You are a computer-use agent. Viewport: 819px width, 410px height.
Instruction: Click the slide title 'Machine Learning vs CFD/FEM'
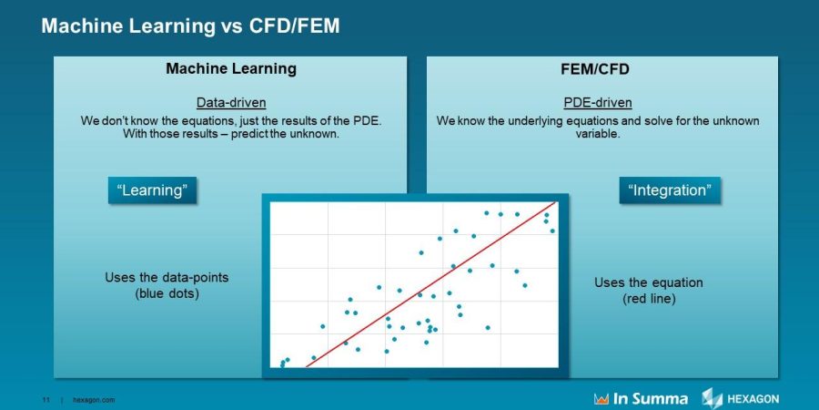(190, 26)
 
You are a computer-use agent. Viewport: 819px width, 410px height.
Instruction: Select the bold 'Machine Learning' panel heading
(230, 69)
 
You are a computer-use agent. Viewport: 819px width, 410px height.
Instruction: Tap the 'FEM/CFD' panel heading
(596, 69)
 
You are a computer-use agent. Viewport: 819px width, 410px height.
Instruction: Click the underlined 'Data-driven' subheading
(231, 103)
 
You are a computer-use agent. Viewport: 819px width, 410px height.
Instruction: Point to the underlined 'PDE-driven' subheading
(597, 103)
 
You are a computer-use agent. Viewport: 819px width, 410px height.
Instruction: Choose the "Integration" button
(669, 190)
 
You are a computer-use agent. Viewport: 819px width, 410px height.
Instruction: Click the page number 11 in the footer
(45, 399)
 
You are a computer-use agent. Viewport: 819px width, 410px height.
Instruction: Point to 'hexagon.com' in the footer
(94, 399)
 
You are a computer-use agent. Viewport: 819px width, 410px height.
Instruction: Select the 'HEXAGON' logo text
(753, 399)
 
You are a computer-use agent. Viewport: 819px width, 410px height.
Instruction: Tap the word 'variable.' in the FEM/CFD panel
(597, 134)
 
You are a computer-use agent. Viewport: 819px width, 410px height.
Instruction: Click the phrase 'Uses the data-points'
(167, 278)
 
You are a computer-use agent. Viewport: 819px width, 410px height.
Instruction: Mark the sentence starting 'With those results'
(230, 134)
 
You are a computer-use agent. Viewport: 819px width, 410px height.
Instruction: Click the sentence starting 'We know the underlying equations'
(597, 120)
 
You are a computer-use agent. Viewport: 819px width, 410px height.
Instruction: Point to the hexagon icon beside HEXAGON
(712, 397)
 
